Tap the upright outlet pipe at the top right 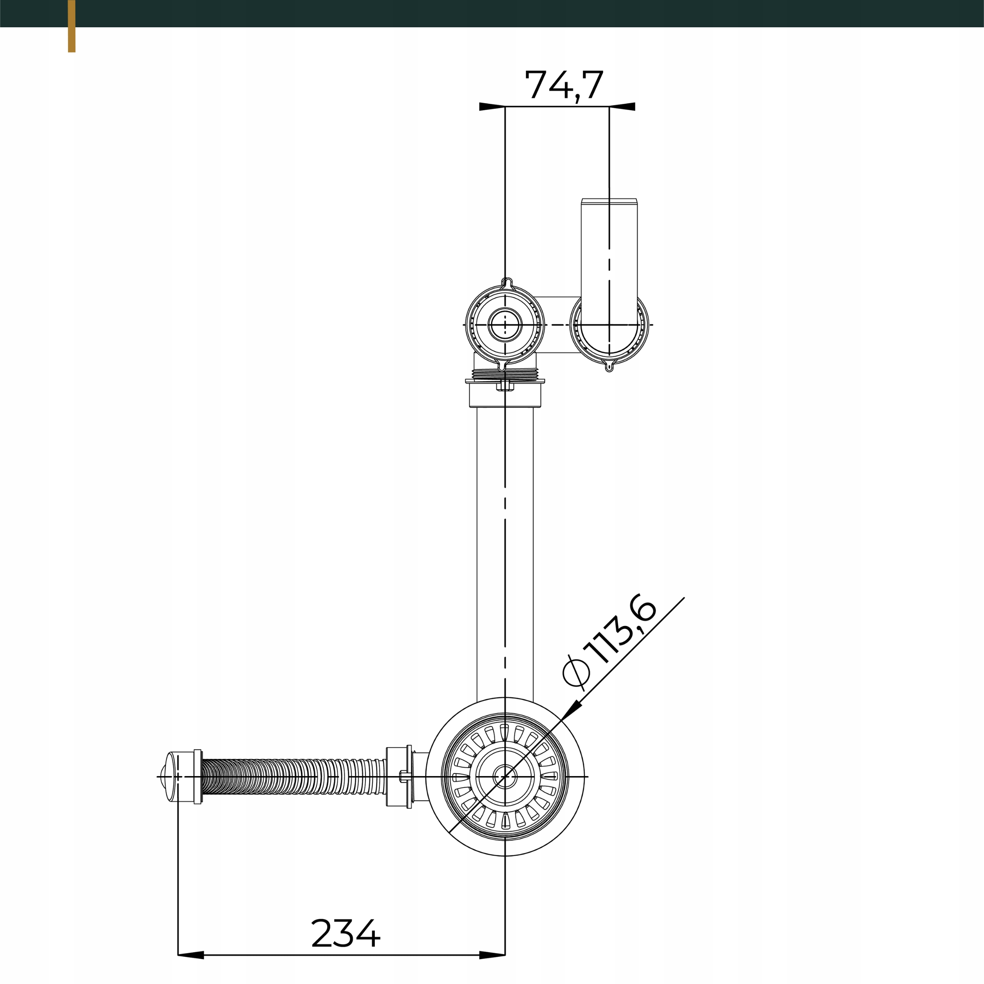pos(609,255)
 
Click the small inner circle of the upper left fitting pos(505,324)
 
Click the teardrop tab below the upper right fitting pos(609,366)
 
